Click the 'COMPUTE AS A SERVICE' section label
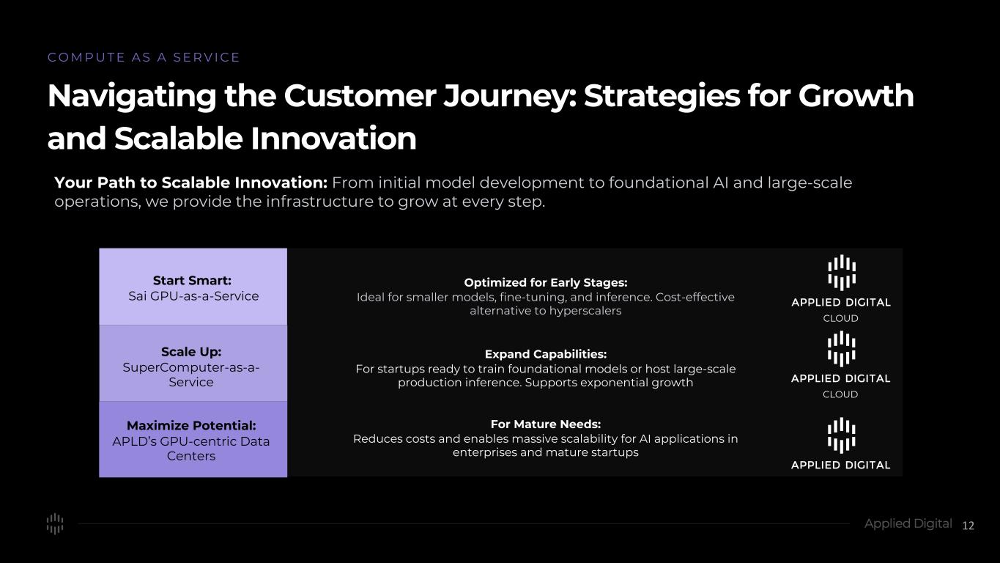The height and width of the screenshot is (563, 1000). (x=144, y=57)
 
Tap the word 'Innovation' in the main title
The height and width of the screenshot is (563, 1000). (x=333, y=138)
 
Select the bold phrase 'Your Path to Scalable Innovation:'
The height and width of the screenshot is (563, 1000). (x=190, y=183)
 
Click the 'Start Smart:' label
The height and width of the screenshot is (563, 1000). (x=192, y=280)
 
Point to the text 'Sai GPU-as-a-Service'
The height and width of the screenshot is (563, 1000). (x=193, y=296)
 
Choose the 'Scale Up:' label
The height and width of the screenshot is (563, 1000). (x=191, y=352)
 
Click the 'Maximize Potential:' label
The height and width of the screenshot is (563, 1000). (x=191, y=425)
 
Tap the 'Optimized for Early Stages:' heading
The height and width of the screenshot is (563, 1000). (x=546, y=282)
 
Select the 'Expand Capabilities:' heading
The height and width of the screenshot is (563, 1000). (x=546, y=354)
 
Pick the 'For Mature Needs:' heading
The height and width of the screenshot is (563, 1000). (x=546, y=424)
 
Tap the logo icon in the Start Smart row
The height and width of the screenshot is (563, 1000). (x=842, y=273)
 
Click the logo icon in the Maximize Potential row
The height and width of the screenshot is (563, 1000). (x=842, y=435)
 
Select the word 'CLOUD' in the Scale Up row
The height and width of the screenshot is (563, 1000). (x=840, y=394)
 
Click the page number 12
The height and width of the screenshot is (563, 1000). (x=968, y=526)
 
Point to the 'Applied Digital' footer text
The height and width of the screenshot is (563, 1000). (x=908, y=523)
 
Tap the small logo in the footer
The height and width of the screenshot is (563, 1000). (x=55, y=523)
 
